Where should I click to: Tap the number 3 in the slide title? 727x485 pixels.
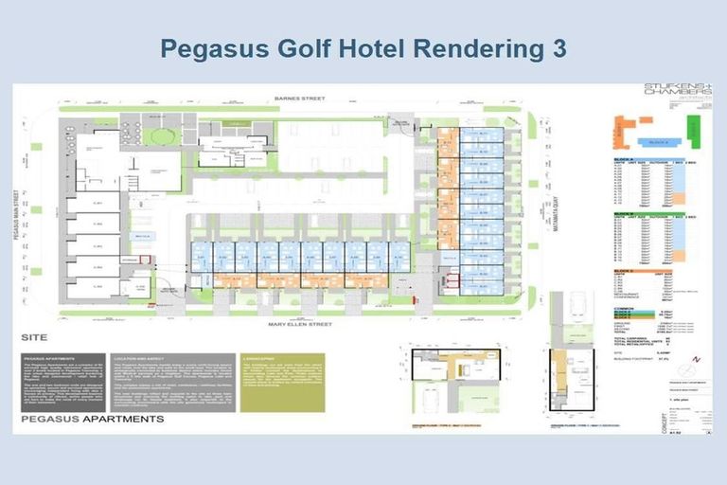coord(557,48)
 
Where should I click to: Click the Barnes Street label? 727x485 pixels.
coord(299,98)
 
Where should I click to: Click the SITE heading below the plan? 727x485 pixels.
coord(34,337)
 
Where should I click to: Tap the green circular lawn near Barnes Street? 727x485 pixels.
coord(162,135)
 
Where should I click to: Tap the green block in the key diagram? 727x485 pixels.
coord(695,133)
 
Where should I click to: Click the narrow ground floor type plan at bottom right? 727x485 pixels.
coord(572,379)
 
